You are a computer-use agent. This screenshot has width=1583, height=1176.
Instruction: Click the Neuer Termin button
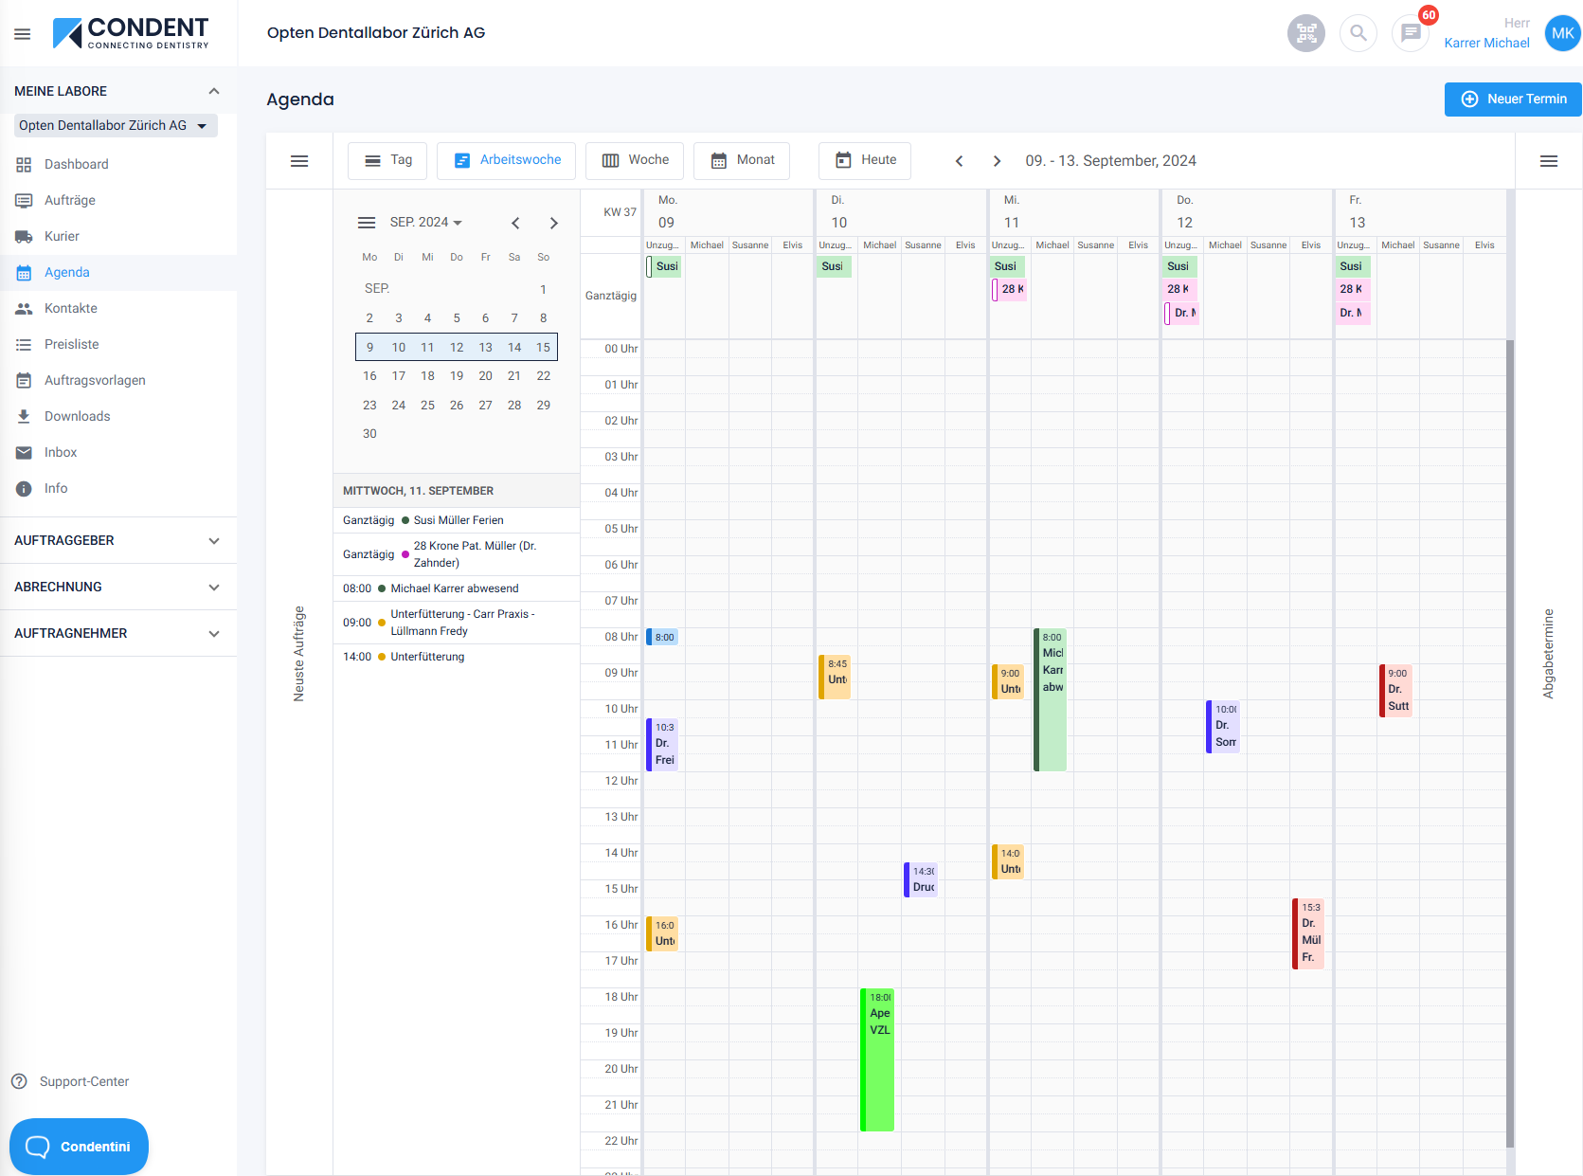(x=1513, y=99)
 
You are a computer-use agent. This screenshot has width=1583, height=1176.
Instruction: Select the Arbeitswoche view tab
(x=506, y=160)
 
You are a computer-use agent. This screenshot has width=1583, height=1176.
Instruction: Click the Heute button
(x=865, y=160)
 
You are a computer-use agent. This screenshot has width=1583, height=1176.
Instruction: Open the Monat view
(x=742, y=160)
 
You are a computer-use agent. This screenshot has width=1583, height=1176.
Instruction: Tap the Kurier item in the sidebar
(x=62, y=236)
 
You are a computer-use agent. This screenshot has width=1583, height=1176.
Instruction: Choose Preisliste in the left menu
(x=71, y=344)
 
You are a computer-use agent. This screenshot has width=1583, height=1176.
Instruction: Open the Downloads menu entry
(x=77, y=416)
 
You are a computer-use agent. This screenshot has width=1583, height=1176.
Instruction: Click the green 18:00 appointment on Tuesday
(x=878, y=1059)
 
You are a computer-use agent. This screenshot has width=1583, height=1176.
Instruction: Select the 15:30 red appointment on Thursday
(x=1308, y=933)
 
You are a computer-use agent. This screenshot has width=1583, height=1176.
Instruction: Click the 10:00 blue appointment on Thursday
(x=1224, y=727)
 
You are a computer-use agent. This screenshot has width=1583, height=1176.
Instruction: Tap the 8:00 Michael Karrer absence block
(x=1051, y=699)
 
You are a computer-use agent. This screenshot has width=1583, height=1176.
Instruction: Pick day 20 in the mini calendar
(x=485, y=376)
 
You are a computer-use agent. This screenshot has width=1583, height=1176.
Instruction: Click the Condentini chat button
(x=80, y=1147)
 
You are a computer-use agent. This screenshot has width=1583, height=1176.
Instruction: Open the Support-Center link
(x=83, y=1081)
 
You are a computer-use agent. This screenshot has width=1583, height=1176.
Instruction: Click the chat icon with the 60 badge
(x=1411, y=33)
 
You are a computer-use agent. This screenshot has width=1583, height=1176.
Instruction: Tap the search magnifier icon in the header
(x=1358, y=33)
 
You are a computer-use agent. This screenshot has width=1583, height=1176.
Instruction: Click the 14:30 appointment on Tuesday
(x=922, y=879)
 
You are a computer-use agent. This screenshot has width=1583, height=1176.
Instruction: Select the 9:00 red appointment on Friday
(x=1396, y=690)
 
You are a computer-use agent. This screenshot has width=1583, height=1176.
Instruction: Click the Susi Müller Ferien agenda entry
(x=459, y=520)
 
